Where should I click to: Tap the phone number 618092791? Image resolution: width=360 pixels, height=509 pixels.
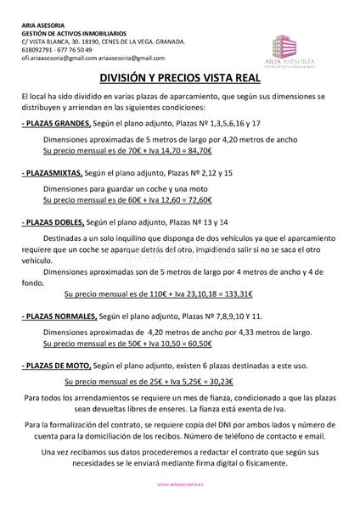click(37, 49)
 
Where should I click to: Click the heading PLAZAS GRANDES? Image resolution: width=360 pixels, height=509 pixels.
click(58, 124)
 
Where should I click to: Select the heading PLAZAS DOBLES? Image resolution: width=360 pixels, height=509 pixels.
click(57, 221)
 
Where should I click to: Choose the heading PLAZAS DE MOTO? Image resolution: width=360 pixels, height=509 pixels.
click(60, 364)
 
